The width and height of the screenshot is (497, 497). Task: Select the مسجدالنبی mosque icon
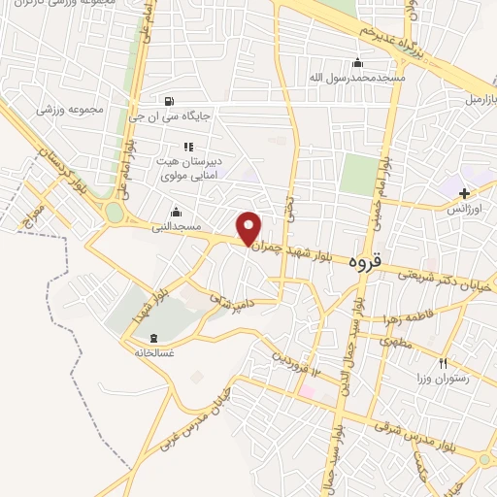(175, 212)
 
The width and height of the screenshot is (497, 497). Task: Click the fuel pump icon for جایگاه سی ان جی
(170, 100)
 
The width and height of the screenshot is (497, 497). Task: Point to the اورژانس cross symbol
(464, 193)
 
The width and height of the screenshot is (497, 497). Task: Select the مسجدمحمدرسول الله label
(358, 77)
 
